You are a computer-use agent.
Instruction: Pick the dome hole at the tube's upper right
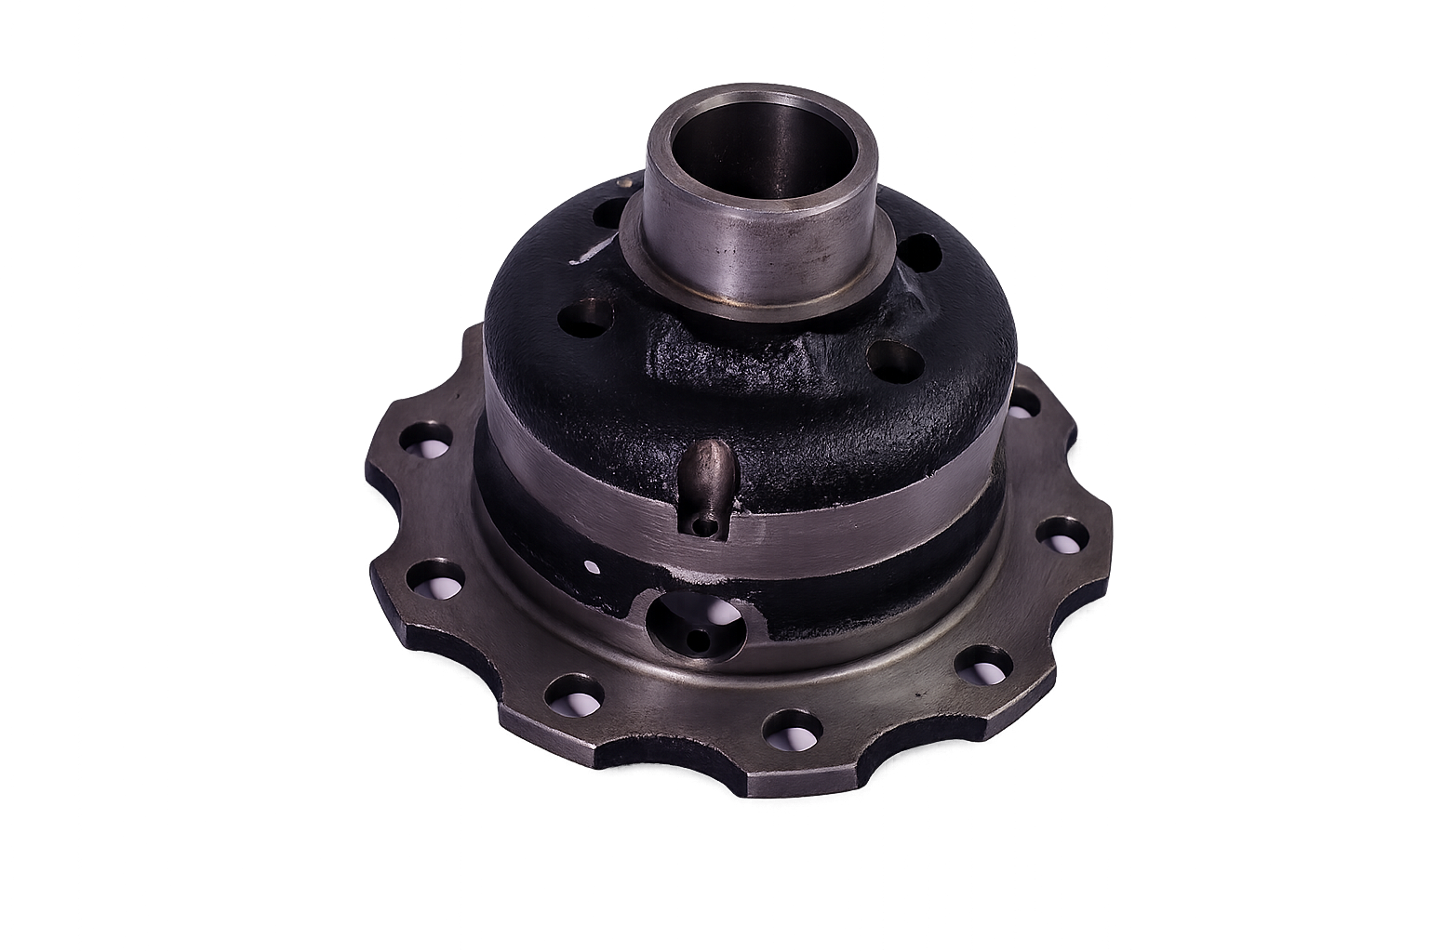[x=919, y=250]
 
